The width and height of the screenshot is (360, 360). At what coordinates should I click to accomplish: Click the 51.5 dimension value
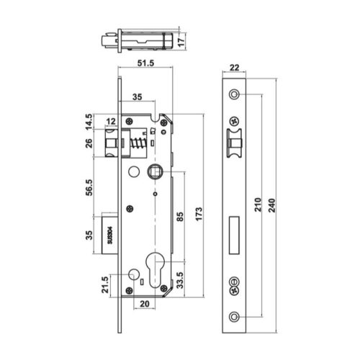tap(147, 63)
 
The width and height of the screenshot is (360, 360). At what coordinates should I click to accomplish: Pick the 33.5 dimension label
tap(180, 277)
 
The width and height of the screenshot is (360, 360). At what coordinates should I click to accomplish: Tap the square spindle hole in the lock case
tap(153, 171)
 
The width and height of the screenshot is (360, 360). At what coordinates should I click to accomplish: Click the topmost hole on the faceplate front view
tap(234, 95)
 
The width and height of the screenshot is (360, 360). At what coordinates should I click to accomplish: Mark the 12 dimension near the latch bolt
tap(110, 121)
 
